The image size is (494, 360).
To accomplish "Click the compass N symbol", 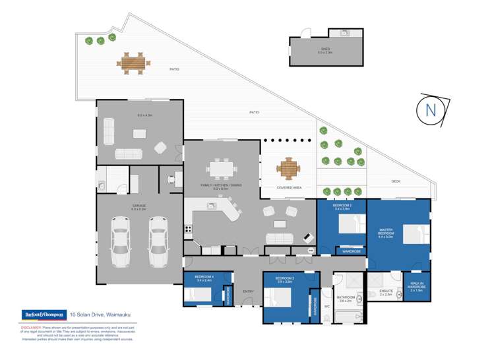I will (x=431, y=110).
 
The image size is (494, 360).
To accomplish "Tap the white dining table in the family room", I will (x=221, y=169).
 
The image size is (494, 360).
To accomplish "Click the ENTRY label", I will (x=248, y=291).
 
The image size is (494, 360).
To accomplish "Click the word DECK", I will (x=396, y=181).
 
